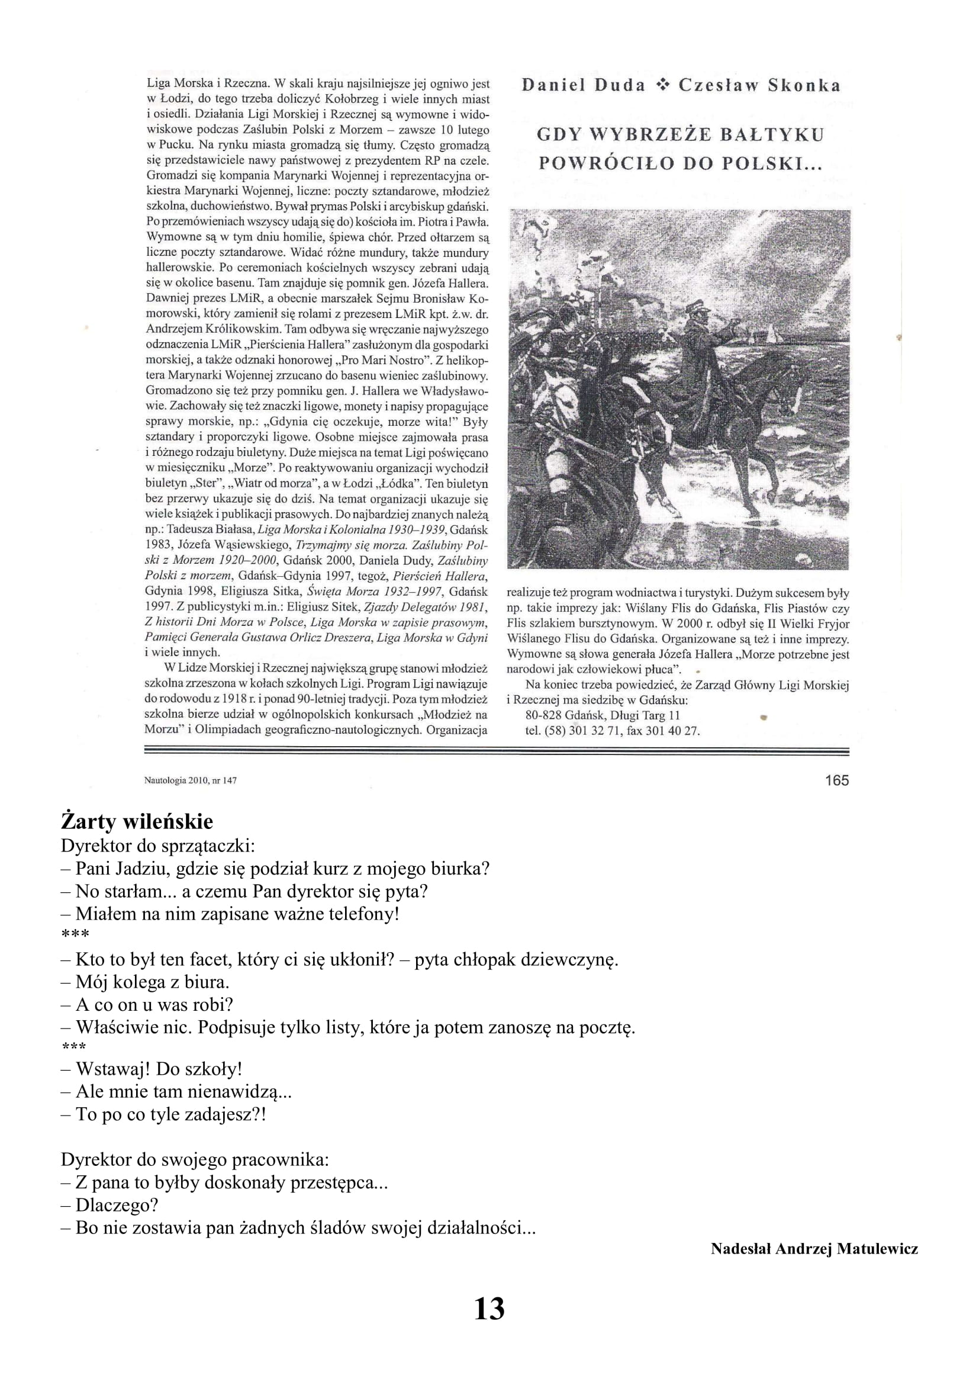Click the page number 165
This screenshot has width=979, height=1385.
click(x=837, y=780)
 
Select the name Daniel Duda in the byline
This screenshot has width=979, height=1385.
click(x=583, y=85)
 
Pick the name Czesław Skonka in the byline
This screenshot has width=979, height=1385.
click(x=759, y=85)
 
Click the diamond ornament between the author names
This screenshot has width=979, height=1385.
click(x=662, y=86)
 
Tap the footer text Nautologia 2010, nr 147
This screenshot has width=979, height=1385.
click(x=191, y=780)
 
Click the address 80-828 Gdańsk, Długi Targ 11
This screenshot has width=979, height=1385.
click(x=603, y=715)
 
